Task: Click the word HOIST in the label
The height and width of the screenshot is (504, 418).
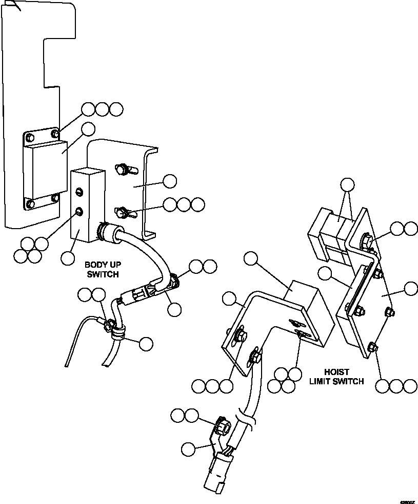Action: [x=337, y=371]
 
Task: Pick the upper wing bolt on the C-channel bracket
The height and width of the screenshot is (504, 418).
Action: [x=122, y=169]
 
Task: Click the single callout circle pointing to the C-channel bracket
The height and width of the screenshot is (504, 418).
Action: [x=169, y=181]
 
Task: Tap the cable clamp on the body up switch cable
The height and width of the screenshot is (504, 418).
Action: [x=117, y=332]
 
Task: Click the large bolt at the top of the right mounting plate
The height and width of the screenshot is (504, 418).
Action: [x=367, y=239]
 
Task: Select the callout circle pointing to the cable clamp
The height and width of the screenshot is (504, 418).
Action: [x=146, y=344]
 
